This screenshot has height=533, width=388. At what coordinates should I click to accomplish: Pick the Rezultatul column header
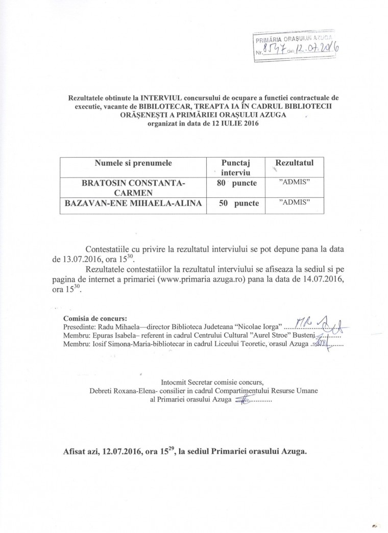point(294,163)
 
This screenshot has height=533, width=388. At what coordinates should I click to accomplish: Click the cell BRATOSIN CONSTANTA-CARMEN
point(133,187)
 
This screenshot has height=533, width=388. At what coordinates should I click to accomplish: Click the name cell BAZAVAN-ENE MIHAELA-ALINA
point(133,203)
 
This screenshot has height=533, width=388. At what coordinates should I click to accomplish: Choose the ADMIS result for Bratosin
point(294,182)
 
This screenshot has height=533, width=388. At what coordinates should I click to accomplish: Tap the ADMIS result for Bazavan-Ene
point(294,202)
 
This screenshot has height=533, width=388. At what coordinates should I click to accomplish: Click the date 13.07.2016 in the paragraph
point(79,259)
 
